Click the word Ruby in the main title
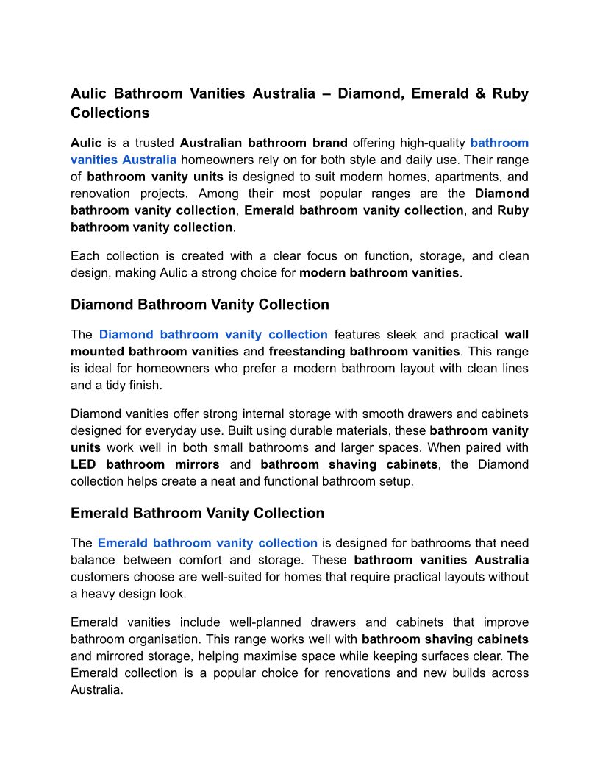(x=511, y=94)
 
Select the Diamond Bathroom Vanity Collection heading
(x=199, y=305)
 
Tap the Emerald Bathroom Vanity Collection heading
(x=197, y=513)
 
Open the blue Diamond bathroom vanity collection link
(x=213, y=335)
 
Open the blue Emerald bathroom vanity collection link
(x=207, y=543)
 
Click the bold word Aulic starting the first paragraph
(x=86, y=143)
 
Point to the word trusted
(x=154, y=143)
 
